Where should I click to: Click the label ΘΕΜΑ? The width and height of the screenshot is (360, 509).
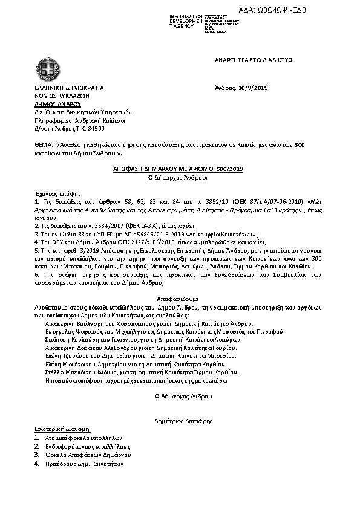(x=44, y=146)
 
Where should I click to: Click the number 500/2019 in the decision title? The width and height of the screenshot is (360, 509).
(x=227, y=170)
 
